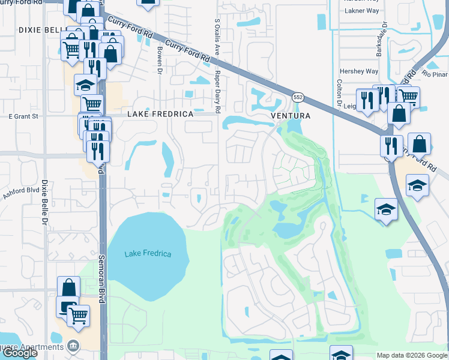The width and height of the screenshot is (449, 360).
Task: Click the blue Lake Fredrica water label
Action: point(148,254)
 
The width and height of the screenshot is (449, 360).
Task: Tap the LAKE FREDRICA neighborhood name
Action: point(160,114)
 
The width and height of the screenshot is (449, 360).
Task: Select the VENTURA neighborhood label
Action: point(291,115)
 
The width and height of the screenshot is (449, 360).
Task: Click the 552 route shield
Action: point(298,97)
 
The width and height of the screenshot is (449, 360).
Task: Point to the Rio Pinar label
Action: point(435,74)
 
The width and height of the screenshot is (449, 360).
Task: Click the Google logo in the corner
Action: point(20,353)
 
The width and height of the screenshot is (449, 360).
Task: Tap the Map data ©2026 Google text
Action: point(412,355)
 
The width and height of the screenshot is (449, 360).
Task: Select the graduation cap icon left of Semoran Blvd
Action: point(86,85)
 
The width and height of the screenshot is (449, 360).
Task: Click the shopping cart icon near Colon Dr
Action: point(408,96)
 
